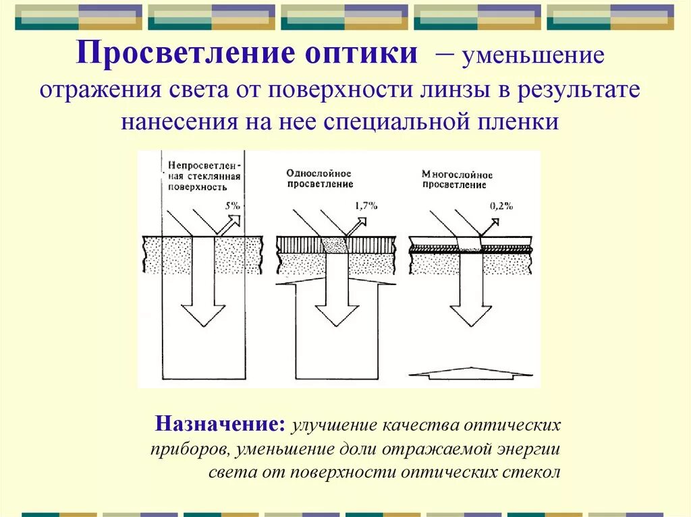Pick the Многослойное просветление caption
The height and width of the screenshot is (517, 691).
[457, 179]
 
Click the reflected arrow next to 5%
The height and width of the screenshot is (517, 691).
[231, 222]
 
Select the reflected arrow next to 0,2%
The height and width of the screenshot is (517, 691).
[491, 222]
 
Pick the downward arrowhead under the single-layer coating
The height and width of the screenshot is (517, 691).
[338, 313]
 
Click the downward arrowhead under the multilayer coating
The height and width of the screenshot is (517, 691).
[470, 313]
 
